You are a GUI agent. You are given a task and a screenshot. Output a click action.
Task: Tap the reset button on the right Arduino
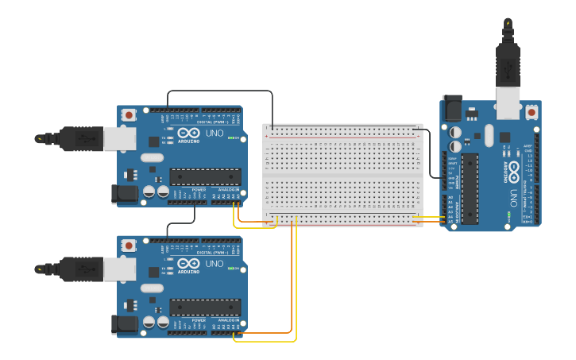tap(532, 113)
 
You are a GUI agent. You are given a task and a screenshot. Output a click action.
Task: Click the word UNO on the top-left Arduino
tap(215, 133)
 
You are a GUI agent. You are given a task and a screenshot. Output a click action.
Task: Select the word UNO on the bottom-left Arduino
tap(215, 263)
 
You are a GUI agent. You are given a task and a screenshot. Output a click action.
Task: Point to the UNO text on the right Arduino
tap(513, 196)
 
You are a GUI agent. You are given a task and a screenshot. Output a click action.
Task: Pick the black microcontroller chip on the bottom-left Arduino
tap(205, 307)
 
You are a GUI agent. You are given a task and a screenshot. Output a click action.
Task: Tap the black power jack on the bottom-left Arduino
tap(126, 323)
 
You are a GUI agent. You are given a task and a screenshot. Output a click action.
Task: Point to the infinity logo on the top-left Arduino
tap(188, 133)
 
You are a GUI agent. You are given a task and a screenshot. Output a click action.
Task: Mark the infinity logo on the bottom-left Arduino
tap(188, 263)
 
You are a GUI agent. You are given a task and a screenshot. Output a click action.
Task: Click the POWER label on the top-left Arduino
tap(199, 190)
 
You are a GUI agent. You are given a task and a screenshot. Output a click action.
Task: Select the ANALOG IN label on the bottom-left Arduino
tap(229, 320)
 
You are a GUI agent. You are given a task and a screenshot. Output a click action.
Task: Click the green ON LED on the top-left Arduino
tap(230, 138)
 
